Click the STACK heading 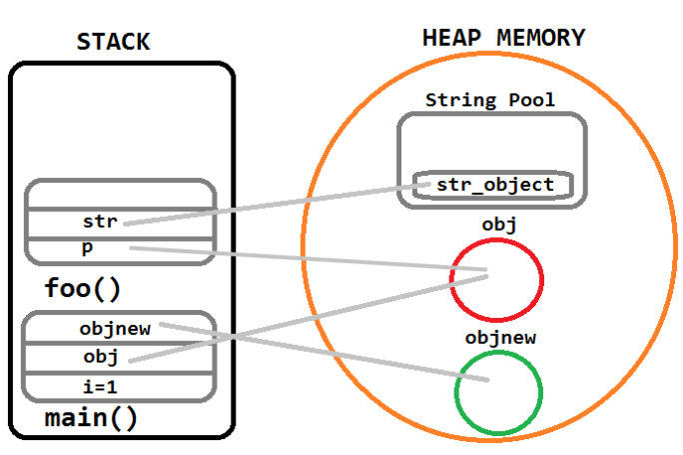(x=113, y=42)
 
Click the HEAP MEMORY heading (x=504, y=39)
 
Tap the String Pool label (x=490, y=100)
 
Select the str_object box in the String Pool (x=494, y=185)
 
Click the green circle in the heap (x=497, y=390)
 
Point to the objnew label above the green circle (x=500, y=338)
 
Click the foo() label (x=83, y=289)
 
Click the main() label (x=91, y=418)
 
